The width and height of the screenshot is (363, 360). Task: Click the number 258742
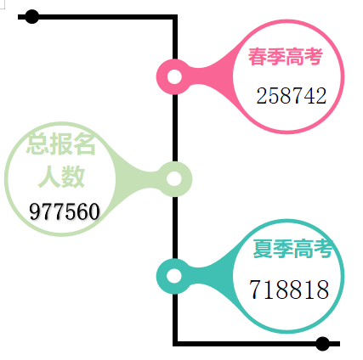[292, 96]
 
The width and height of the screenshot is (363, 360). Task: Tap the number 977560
[65, 211]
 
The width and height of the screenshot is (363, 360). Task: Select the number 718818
[289, 289]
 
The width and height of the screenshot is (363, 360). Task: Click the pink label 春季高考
[286, 57]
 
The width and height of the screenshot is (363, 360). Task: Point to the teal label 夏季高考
[292, 248]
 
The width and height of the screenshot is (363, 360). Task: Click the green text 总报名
[61, 143]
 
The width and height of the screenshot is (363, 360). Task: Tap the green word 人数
[61, 177]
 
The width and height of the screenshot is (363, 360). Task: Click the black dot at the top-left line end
[31, 17]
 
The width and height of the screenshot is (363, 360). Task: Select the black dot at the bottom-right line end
[322, 344]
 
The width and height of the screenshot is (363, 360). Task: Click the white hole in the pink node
[174, 76]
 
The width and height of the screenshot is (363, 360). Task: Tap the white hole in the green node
[174, 179]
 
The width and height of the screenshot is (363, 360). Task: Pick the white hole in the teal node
[174, 276]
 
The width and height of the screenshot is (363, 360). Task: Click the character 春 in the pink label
[258, 57]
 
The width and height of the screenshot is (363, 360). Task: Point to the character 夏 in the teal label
[263, 249]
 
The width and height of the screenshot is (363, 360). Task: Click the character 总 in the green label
[37, 144]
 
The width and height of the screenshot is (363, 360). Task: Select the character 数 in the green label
[74, 177]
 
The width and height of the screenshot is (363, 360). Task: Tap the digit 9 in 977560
[35, 211]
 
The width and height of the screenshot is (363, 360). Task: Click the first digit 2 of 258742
[262, 96]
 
